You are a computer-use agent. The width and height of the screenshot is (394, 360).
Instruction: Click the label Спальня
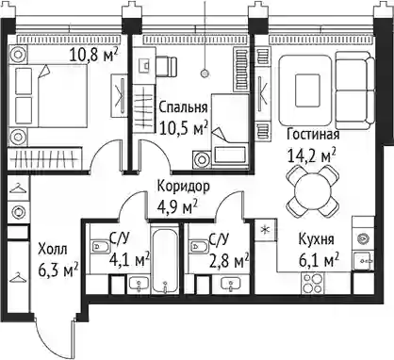tap(183, 107)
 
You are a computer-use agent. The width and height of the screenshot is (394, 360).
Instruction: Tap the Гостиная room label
tap(313, 135)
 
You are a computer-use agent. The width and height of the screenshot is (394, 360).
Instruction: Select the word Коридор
tap(183, 187)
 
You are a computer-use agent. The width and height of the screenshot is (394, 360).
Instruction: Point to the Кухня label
tap(316, 239)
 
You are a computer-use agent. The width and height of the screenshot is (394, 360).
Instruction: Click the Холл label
tap(53, 250)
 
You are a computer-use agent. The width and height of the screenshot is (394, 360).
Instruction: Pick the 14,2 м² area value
tap(312, 155)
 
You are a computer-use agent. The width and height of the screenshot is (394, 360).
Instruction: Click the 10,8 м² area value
tap(93, 56)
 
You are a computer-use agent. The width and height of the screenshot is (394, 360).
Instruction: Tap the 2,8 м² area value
tap(229, 261)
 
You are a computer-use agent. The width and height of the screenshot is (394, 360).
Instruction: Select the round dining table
tap(313, 190)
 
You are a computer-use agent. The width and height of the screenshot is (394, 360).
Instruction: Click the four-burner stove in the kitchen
tap(312, 283)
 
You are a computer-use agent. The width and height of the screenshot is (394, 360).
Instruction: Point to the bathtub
tap(165, 260)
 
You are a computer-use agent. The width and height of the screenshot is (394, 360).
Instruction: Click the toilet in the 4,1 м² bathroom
tap(100, 246)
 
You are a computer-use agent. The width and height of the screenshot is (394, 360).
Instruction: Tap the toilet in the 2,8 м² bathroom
tap(198, 246)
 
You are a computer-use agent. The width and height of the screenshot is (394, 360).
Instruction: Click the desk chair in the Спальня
tap(166, 66)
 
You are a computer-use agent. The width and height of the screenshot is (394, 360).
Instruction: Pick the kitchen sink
tap(364, 261)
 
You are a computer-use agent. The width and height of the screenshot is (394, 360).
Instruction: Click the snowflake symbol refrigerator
tap(266, 230)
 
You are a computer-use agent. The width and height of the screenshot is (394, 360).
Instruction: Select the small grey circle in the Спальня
tap(205, 74)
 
